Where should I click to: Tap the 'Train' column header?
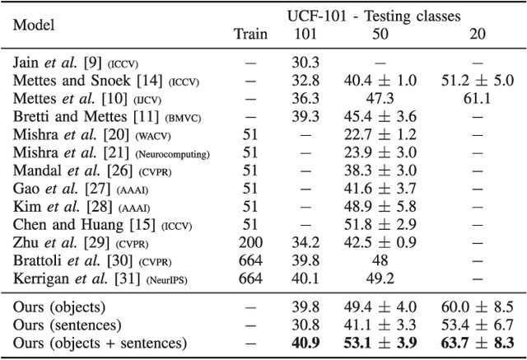(x=250, y=34)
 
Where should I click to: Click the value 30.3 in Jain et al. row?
(x=304, y=61)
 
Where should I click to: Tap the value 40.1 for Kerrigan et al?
(x=304, y=279)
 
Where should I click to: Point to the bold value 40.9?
(x=304, y=343)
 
